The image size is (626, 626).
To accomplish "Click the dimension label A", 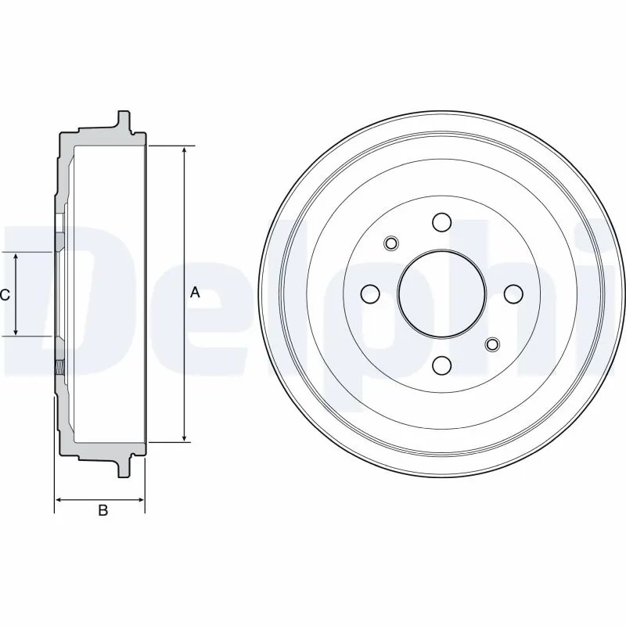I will click(195, 293).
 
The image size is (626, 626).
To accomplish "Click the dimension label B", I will click(102, 511).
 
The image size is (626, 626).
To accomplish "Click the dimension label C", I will click(5, 295).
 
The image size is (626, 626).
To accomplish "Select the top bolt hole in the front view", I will click(441, 221).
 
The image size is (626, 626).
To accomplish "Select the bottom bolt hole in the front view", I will click(441, 365).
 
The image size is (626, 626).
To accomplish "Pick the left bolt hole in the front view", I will click(369, 293).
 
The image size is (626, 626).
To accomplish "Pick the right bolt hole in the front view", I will click(513, 293).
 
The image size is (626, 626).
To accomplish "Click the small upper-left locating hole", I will click(392, 243).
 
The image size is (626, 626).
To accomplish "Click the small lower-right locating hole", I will click(492, 344).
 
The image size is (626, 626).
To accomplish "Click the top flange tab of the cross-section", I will click(123, 121).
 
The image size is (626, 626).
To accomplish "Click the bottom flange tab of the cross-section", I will click(123, 468).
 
